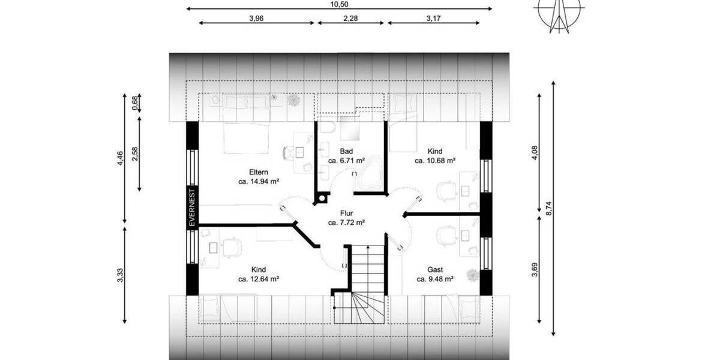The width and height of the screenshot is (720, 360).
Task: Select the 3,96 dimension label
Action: click(x=257, y=19)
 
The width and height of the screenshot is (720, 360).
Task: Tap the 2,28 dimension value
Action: click(x=351, y=19)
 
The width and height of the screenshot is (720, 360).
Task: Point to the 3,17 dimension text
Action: click(x=434, y=19)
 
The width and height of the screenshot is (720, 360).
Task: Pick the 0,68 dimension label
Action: click(x=135, y=103)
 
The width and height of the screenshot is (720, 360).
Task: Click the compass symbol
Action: click(x=559, y=13)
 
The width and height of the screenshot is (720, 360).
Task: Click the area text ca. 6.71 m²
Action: click(x=347, y=161)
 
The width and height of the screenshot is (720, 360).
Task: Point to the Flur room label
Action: click(x=346, y=212)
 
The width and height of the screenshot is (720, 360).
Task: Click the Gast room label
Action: click(x=435, y=269)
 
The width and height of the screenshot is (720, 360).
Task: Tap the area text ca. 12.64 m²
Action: click(x=258, y=279)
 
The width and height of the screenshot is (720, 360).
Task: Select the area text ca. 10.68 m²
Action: click(x=435, y=161)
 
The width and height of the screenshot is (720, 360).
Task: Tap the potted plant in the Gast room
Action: click(x=472, y=275)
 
